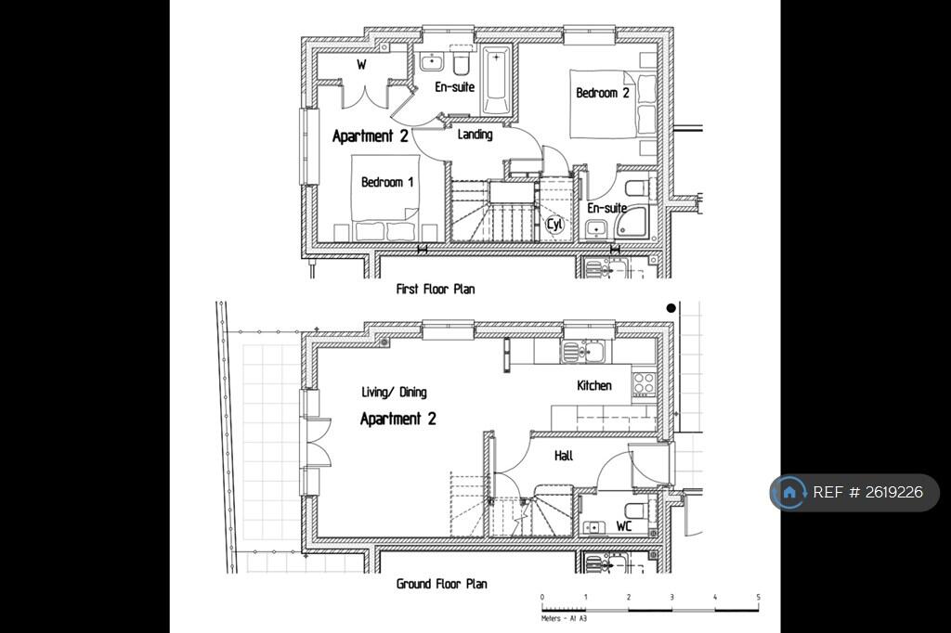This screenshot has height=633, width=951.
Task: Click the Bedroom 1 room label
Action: coord(388,182)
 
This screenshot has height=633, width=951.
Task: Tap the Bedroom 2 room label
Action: coord(603,93)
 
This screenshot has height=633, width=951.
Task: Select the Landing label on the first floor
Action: coord(475,135)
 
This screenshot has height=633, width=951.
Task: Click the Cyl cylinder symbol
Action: coord(554,224)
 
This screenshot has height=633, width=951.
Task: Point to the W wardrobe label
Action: coord(361,64)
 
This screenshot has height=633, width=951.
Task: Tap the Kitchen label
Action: coord(594,385)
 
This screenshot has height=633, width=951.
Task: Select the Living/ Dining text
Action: coord(394,393)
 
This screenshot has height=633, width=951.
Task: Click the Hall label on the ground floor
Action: coord(564,456)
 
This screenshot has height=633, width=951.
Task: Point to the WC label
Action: coord(625,526)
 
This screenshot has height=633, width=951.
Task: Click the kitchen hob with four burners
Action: coord(644,382)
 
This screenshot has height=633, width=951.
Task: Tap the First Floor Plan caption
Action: coord(436,289)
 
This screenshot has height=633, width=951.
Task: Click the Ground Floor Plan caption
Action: coord(441,584)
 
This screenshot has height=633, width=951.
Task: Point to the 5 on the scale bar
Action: coord(759,598)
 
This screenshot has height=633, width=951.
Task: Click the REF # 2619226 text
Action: coord(868,493)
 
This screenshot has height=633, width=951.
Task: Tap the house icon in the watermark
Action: coord(789,493)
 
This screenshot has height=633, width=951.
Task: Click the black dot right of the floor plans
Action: coord(671,308)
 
